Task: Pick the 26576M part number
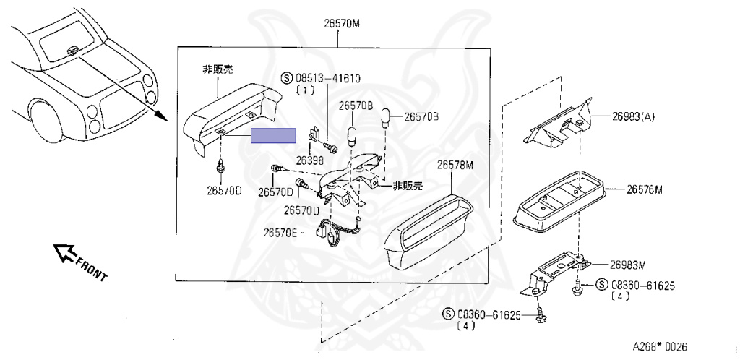pos(645,190)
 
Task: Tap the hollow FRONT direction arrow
pos(66,252)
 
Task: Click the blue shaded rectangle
pos(273,136)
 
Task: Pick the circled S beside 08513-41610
pos(285,78)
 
